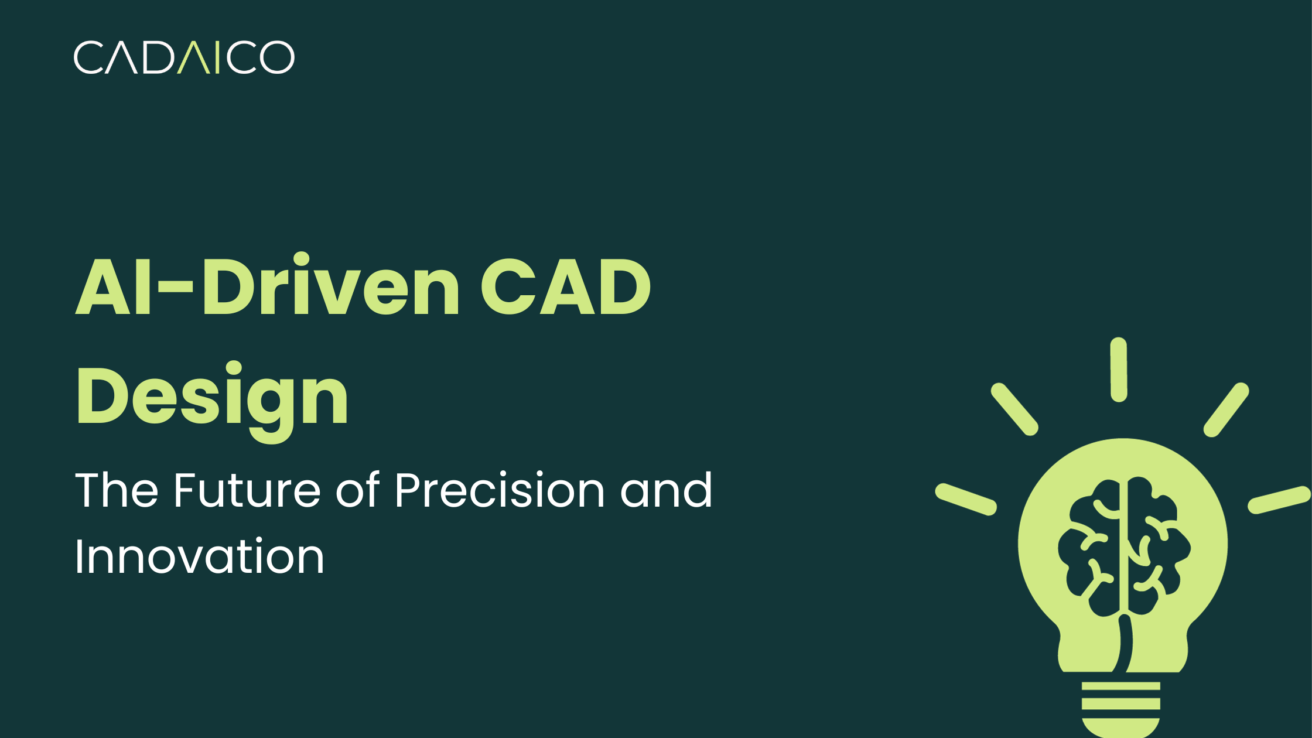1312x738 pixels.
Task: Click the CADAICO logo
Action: pyautogui.click(x=184, y=57)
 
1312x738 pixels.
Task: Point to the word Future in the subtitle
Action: pyautogui.click(x=247, y=490)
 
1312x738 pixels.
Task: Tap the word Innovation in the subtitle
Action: pyautogui.click(x=199, y=556)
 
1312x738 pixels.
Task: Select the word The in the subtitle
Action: pyautogui.click(x=117, y=490)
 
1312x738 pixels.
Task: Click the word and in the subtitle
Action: pyautogui.click(x=666, y=490)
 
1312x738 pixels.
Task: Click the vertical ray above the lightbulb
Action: pyautogui.click(x=1119, y=370)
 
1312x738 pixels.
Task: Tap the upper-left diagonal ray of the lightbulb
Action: pyautogui.click(x=1014, y=409)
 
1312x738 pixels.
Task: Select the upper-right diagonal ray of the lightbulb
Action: pyautogui.click(x=1226, y=410)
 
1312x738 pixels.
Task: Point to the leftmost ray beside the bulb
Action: pyautogui.click(x=966, y=500)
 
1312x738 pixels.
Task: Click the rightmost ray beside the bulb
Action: pyautogui.click(x=1279, y=500)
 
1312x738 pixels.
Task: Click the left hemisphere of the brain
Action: pyautogui.click(x=1089, y=551)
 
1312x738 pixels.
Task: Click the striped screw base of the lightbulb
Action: pyautogui.click(x=1120, y=706)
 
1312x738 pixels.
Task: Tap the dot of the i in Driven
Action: pyautogui.click(x=301, y=259)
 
